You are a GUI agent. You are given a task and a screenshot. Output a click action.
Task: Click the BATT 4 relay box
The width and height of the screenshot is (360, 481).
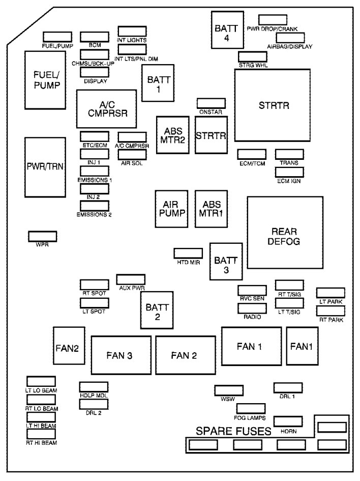click(x=224, y=30)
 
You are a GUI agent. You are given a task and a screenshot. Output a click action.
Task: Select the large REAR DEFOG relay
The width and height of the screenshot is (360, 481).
click(x=285, y=233)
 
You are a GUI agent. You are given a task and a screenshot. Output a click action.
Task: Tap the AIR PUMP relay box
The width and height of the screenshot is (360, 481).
click(x=171, y=209)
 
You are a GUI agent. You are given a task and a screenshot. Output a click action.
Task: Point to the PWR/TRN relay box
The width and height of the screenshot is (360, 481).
click(x=44, y=167)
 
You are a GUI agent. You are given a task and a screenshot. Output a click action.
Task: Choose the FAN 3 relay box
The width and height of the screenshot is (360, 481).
click(x=121, y=355)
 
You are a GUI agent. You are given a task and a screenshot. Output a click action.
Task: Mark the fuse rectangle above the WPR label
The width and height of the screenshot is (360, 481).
click(x=42, y=236)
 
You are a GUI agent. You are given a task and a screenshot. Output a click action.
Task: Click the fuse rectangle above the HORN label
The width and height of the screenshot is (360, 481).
click(x=288, y=421)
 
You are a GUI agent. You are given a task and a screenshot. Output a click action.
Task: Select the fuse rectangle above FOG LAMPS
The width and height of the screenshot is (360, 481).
click(x=250, y=409)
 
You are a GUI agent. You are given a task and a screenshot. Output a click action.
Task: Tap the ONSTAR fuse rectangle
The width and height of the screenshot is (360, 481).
click(x=211, y=103)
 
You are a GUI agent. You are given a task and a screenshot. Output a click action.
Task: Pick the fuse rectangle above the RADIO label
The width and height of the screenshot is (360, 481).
click(x=252, y=308)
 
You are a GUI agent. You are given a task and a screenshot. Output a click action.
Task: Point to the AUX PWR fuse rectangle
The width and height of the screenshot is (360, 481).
click(x=131, y=279)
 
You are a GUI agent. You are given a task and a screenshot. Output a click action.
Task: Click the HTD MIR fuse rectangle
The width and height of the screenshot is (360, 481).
click(x=189, y=253)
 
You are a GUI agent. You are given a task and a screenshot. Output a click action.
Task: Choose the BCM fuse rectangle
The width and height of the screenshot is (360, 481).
click(x=94, y=37)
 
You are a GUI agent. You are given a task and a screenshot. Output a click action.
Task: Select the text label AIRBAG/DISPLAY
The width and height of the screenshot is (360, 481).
click(x=289, y=46)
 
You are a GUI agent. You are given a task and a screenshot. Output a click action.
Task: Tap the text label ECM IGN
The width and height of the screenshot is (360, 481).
click(x=289, y=180)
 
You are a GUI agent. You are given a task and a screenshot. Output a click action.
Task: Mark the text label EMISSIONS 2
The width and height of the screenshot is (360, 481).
click(x=94, y=214)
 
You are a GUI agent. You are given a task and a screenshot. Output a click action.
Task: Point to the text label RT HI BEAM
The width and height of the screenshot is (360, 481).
click(x=41, y=443)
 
